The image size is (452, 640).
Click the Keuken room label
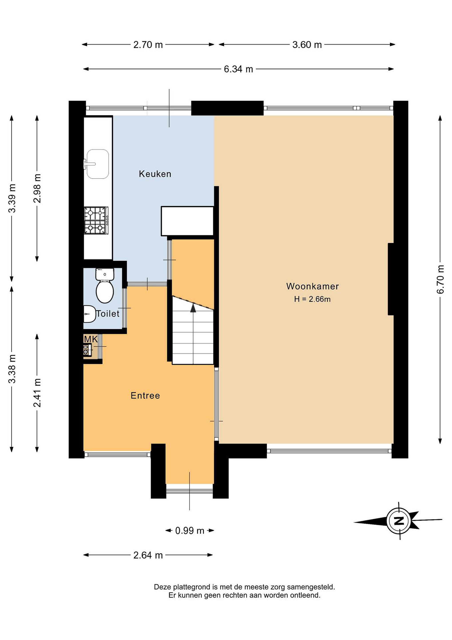[155, 174]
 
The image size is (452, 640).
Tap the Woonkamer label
[313, 286]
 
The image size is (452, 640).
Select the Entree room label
[145, 396]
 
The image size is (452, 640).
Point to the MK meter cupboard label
[91, 339]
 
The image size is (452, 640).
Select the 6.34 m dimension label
[239, 69]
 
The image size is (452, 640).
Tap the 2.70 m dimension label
[148, 45]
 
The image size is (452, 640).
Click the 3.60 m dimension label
[307, 45]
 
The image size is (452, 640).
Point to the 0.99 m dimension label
[190, 531]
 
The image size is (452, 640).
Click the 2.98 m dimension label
[37, 188]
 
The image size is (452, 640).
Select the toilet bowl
[105, 286]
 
